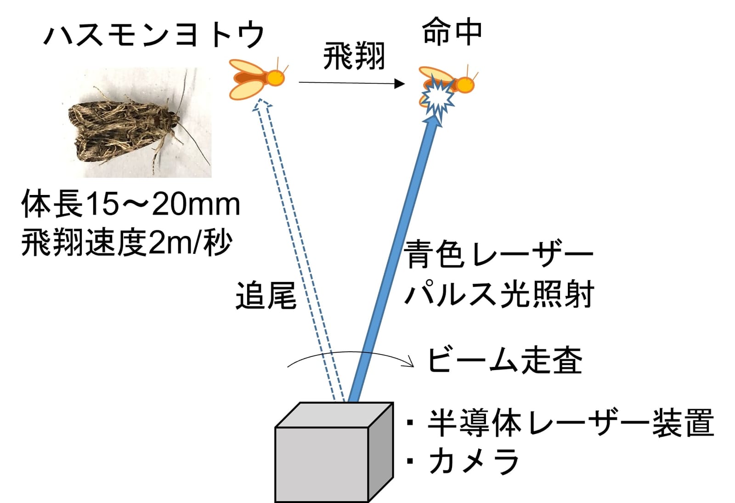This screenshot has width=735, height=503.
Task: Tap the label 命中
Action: (452, 32)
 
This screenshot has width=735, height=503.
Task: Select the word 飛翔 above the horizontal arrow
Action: (354, 57)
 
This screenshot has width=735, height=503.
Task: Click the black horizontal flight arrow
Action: (351, 83)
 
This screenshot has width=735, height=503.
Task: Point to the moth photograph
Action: (137, 122)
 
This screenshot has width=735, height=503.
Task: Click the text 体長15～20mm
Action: (131, 204)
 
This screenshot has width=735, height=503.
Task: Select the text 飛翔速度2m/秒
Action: (127, 243)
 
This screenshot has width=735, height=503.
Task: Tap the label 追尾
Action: (266, 296)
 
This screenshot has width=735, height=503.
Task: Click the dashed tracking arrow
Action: (298, 250)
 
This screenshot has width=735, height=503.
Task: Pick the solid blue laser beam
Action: (394, 259)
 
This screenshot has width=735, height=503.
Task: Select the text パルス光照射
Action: (499, 293)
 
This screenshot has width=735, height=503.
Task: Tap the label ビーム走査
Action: (506, 360)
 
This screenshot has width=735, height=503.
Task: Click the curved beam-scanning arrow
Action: (350, 352)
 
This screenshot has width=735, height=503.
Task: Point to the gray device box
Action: (334, 452)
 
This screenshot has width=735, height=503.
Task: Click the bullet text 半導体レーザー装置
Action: (571, 423)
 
